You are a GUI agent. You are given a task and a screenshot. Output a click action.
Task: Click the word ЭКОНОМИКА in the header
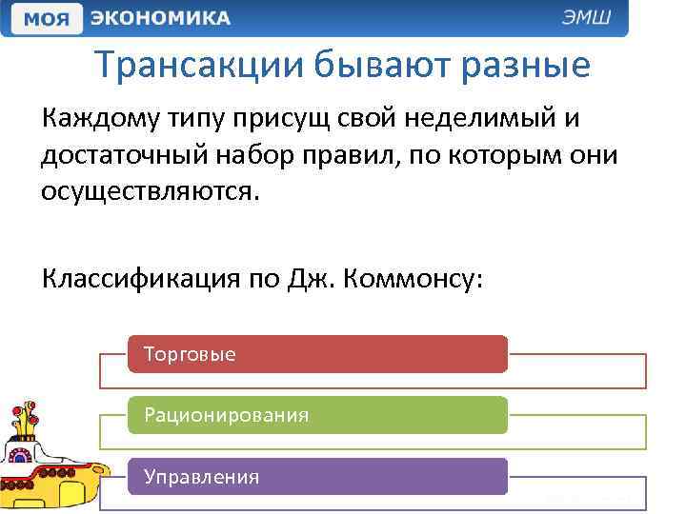pos(160,18)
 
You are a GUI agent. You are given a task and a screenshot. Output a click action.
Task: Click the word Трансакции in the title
pos(202,66)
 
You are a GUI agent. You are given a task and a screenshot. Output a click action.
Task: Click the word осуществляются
pos(149,190)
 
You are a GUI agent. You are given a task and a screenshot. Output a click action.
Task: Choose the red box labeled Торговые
pos(317,354)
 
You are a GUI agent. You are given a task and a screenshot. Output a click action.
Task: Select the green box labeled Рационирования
pos(317,415)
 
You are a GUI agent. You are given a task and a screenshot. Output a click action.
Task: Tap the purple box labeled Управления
pos(317,476)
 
